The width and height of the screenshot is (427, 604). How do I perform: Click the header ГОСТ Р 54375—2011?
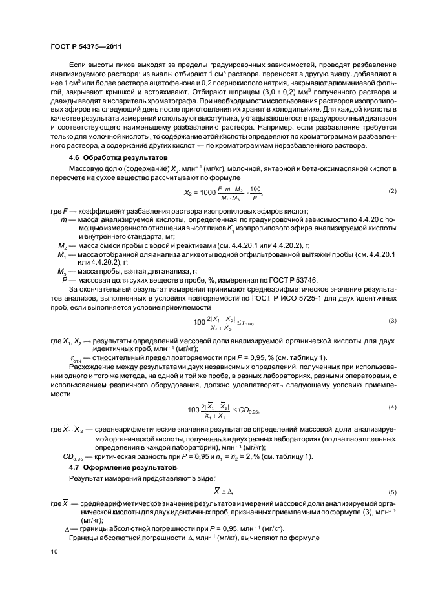click(x=86, y=47)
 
